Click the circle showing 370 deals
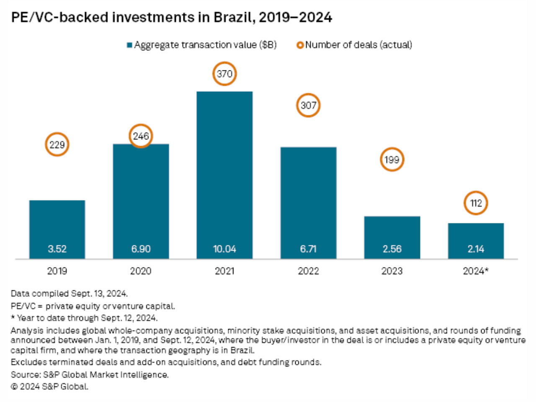224,74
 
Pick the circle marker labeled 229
57,145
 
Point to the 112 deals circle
476,203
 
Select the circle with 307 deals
308,105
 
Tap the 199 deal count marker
392,160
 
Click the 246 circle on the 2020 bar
141,136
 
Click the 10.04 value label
224,249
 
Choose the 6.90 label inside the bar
141,249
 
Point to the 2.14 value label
476,249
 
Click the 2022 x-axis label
308,271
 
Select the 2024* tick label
476,271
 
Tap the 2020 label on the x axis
141,271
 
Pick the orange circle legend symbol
300,45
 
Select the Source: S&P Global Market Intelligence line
90,375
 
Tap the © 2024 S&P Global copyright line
49,387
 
